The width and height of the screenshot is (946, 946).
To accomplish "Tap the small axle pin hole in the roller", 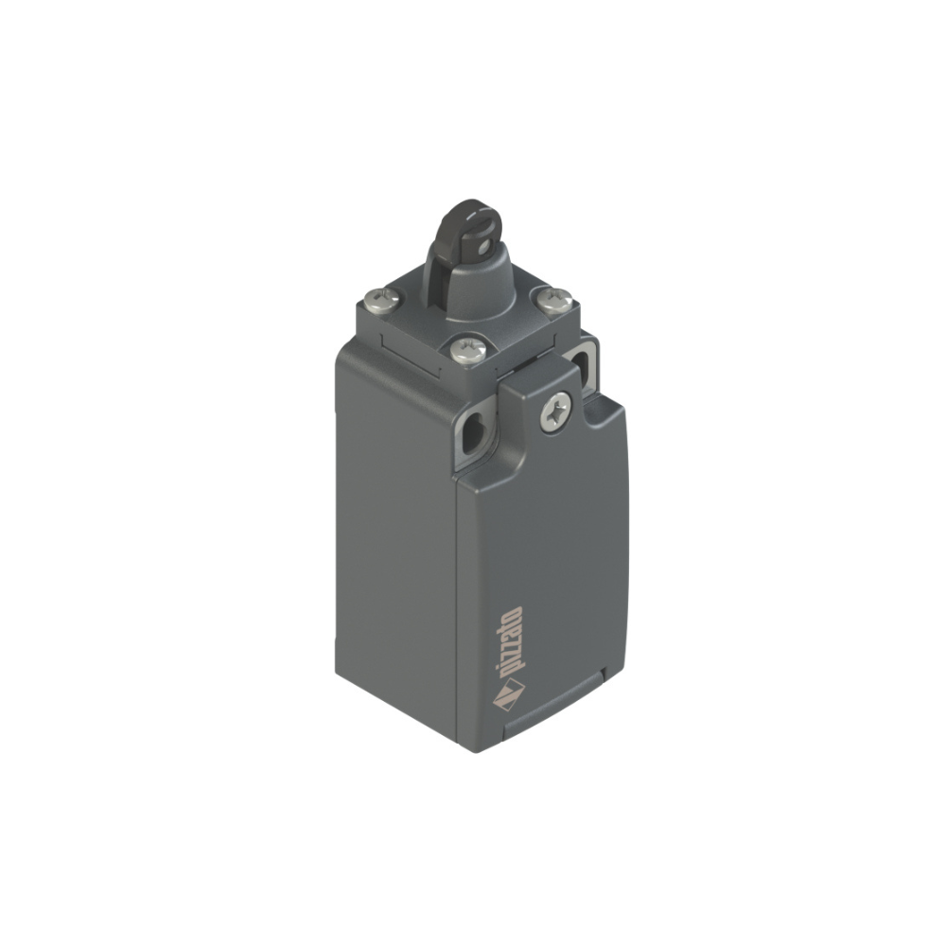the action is coord(481,247).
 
